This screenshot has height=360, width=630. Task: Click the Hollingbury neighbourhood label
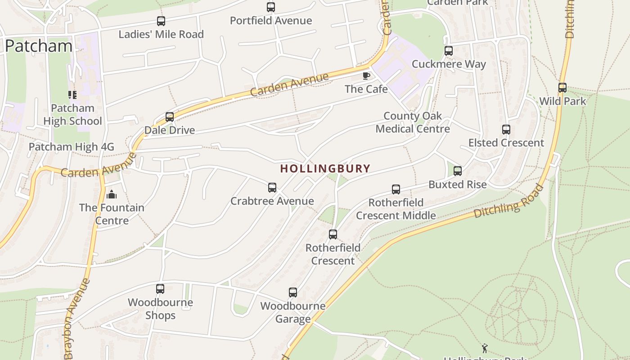tap(325, 169)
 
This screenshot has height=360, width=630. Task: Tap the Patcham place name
tap(39, 46)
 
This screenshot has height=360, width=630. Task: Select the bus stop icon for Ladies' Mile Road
tap(161, 21)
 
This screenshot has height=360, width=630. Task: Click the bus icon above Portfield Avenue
tap(270, 7)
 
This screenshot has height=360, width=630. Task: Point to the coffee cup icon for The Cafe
tap(366, 76)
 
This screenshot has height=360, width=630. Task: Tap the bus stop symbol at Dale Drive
tap(170, 117)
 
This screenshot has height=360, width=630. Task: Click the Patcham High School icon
tap(72, 95)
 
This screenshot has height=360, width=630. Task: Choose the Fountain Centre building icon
tap(112, 194)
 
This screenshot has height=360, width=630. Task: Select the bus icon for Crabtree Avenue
tap(272, 188)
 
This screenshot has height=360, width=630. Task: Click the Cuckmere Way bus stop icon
tap(448, 51)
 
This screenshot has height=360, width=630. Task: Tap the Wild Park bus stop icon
tap(562, 88)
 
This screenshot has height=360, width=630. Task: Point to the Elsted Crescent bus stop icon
tap(506, 130)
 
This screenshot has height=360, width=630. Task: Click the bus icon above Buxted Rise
tap(457, 171)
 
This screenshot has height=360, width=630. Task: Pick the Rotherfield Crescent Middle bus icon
tap(396, 189)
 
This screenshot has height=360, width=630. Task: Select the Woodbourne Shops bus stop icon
tap(160, 289)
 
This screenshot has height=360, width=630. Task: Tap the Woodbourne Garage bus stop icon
tap(292, 292)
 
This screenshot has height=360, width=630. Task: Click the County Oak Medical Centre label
tap(413, 122)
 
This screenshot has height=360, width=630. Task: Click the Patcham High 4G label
tap(72, 147)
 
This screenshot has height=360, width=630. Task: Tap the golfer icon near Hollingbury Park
tap(485, 348)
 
